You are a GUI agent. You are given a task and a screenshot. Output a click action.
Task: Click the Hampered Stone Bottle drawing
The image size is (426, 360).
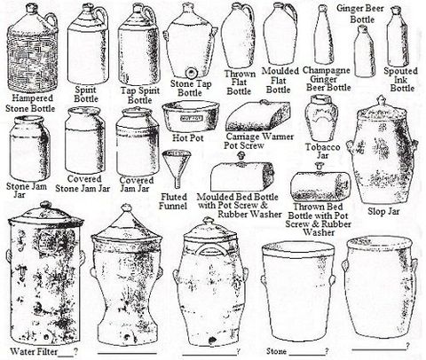(32, 49)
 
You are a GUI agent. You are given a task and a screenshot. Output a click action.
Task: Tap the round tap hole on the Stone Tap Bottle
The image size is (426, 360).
(191, 73)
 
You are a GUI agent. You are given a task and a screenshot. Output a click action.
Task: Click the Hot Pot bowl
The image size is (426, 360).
(191, 117)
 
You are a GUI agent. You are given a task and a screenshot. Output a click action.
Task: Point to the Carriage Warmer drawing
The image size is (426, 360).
(258, 116)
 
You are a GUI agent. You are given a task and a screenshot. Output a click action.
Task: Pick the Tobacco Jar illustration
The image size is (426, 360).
(321, 118)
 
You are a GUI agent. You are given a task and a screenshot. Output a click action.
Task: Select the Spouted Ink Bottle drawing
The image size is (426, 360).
(398, 36)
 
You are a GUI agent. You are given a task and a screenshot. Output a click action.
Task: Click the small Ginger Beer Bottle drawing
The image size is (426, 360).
(365, 51)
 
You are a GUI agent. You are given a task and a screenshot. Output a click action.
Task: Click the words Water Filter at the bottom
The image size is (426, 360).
(34, 352)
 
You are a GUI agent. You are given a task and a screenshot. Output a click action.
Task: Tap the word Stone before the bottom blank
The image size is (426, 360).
(276, 351)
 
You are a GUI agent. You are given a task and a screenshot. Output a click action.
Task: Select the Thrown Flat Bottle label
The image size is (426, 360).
(239, 82)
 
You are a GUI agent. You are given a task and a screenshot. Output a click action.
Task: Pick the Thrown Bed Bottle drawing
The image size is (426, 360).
(320, 183)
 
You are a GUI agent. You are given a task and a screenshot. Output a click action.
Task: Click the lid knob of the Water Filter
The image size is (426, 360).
(45, 205)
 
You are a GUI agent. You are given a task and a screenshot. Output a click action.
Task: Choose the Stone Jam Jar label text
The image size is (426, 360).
(27, 191)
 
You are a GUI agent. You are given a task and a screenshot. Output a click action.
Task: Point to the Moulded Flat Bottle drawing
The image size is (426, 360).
(280, 35)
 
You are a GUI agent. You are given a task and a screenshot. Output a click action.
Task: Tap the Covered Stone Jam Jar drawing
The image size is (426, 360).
(84, 141)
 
